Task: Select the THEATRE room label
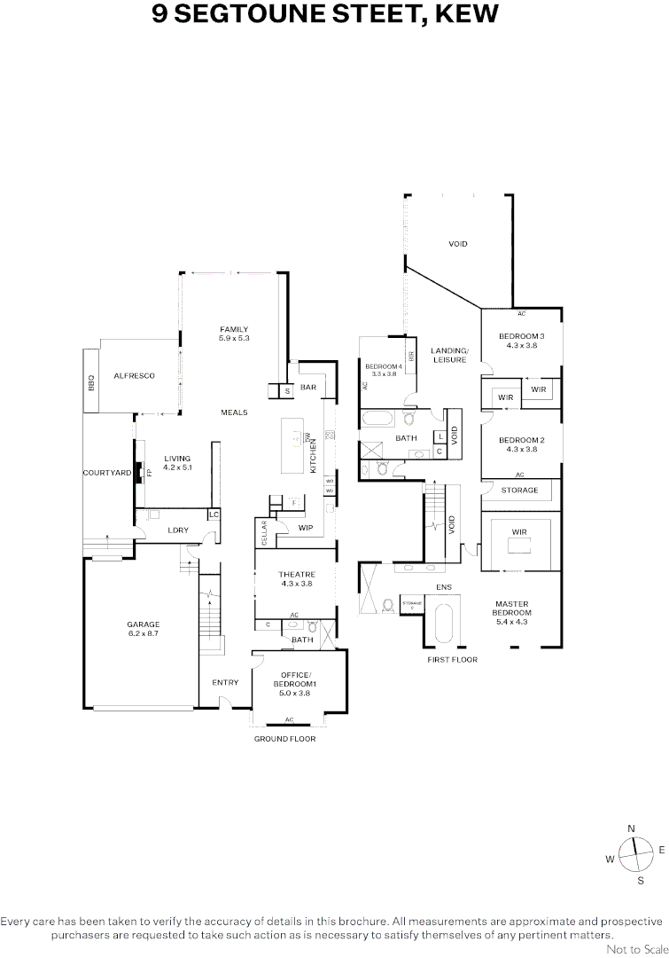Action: pyautogui.click(x=297, y=575)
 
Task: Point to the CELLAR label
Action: pyautogui.click(x=264, y=534)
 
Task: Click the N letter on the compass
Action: pyautogui.click(x=631, y=828)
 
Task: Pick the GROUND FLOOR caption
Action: pyautogui.click(x=284, y=738)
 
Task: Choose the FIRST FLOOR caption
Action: pyautogui.click(x=452, y=660)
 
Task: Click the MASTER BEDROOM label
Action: pyautogui.click(x=512, y=609)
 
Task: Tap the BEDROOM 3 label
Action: pyautogui.click(x=521, y=336)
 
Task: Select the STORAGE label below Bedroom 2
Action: pyautogui.click(x=520, y=490)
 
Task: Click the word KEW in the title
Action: pyautogui.click(x=474, y=15)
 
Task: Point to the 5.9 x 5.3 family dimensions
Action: pyautogui.click(x=235, y=338)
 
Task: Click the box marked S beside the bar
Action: pyautogui.click(x=287, y=390)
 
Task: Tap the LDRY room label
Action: pyautogui.click(x=178, y=530)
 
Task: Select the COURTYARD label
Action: pyautogui.click(x=107, y=473)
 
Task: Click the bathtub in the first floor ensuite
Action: pyautogui.click(x=443, y=624)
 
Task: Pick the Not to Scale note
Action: pyautogui.click(x=636, y=949)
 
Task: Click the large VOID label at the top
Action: pyautogui.click(x=457, y=244)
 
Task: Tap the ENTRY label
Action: pyautogui.click(x=225, y=682)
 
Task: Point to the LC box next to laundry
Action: pyautogui.click(x=214, y=514)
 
